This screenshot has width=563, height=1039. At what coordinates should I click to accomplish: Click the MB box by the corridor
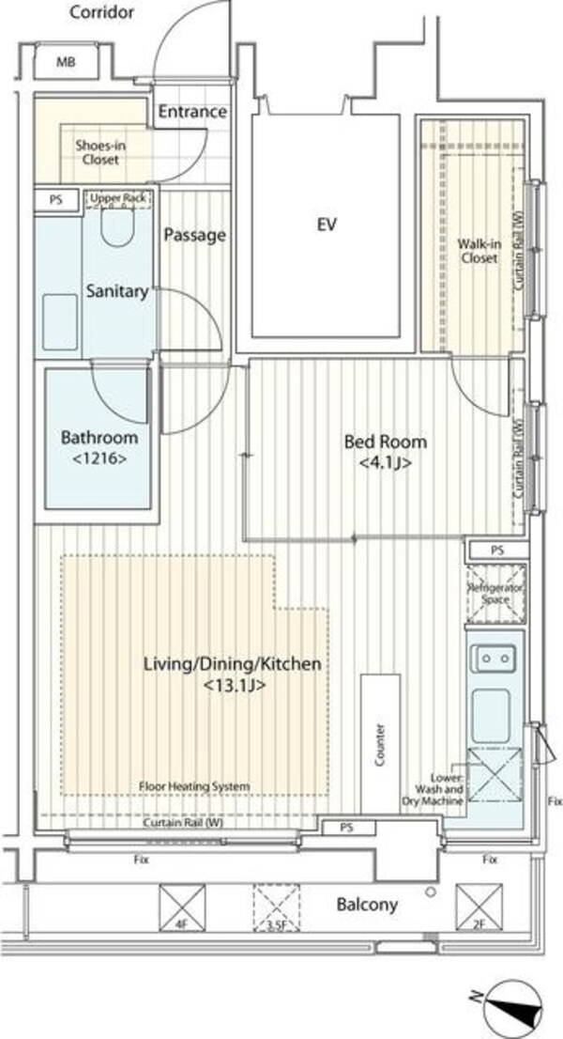[66, 63]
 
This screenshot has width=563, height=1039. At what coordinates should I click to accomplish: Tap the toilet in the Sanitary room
[118, 226]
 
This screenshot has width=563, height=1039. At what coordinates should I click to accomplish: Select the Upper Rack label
[118, 198]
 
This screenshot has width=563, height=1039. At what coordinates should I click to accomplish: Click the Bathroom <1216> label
[99, 447]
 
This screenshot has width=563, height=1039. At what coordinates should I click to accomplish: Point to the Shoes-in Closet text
[100, 152]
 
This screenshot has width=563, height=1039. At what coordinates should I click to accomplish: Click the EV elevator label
[327, 225]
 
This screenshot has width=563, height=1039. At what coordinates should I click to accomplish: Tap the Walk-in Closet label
[478, 251]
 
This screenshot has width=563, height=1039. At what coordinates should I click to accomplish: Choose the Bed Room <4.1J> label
[385, 452]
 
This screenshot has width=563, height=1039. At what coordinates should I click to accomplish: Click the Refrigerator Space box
[496, 594]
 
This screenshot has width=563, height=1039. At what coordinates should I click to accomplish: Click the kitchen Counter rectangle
[380, 743]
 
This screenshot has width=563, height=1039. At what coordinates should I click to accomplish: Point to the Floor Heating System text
[194, 786]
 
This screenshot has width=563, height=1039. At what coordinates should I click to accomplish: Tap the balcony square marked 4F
[182, 907]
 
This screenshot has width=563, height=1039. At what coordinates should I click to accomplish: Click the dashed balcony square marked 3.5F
[277, 907]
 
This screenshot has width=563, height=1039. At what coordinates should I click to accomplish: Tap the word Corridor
[102, 12]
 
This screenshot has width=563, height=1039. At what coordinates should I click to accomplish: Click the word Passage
[194, 235]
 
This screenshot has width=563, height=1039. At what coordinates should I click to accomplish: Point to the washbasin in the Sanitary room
[60, 322]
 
